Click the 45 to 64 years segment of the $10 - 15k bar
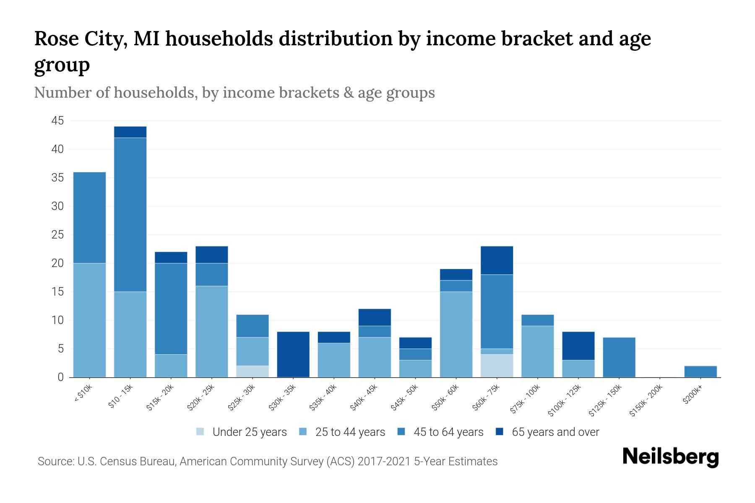(x=130, y=215)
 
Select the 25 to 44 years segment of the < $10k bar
(x=89, y=320)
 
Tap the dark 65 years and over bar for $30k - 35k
(x=293, y=355)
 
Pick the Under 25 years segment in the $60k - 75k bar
(x=497, y=366)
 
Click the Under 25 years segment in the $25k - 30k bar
(x=253, y=372)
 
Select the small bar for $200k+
(x=700, y=372)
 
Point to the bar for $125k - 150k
(x=619, y=358)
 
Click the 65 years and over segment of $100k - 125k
(x=578, y=346)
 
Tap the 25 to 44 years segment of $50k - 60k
(x=456, y=334)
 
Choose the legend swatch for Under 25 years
(x=200, y=432)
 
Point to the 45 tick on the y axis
(x=57, y=121)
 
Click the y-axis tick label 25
(x=57, y=235)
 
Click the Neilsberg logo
(x=670, y=457)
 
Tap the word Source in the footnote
(x=55, y=462)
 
